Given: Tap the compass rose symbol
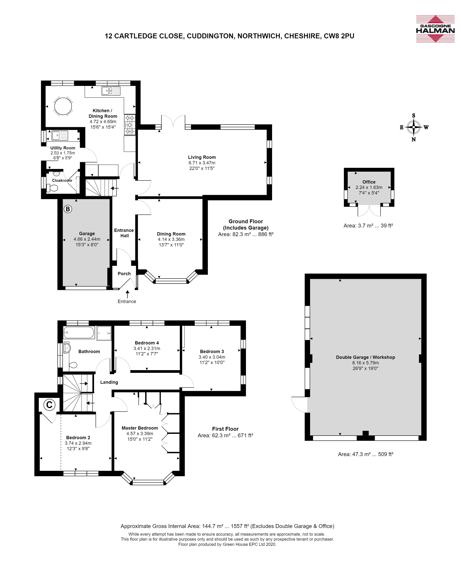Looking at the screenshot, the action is point(414,127).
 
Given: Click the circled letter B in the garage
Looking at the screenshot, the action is point(68,209).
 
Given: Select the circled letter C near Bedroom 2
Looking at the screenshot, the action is point(49,405).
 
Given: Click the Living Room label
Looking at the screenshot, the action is point(202,157).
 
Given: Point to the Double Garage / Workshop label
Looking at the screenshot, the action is point(365,357).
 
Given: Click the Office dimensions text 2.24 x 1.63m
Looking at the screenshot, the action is point(369,187).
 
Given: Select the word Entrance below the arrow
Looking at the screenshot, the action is point(127,301).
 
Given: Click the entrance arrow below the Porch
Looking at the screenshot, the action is point(127,294).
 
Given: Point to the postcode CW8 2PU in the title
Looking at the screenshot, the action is point(339,36).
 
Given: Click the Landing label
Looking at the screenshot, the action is point(109,382).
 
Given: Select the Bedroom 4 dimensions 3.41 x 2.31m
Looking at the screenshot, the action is point(147,348).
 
